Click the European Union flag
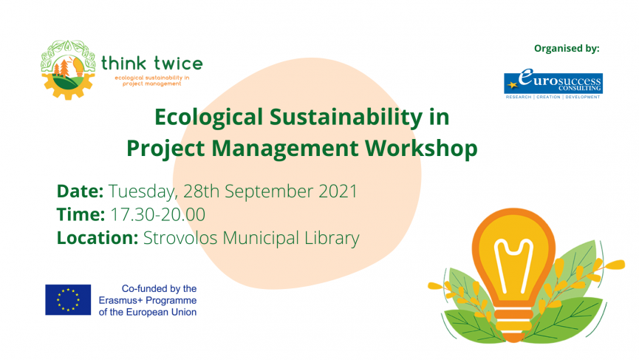click(68, 299)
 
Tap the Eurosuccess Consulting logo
click(553, 84)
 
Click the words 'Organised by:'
click(567, 49)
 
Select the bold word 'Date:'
click(81, 191)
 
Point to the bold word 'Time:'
click(81, 214)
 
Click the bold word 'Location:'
click(98, 238)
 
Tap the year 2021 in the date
click(338, 191)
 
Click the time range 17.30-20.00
click(157, 214)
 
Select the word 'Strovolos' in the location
click(180, 238)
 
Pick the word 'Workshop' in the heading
click(421, 149)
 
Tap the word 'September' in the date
click(269, 192)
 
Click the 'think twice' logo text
click(152, 63)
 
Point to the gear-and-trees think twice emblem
click(68, 69)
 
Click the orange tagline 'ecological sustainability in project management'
click(152, 81)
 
